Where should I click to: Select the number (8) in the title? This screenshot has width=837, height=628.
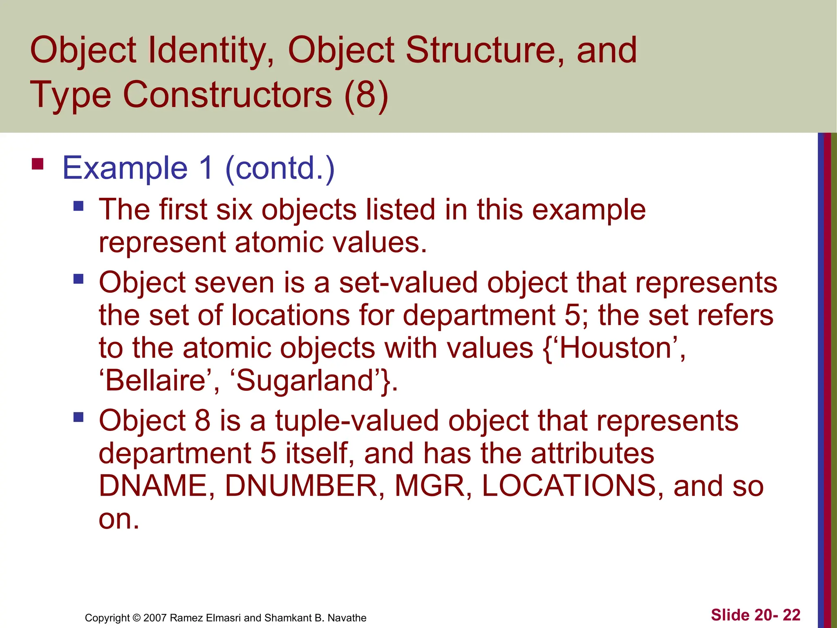366,95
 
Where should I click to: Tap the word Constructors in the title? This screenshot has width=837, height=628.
227,95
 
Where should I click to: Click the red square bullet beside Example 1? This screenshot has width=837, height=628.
38,164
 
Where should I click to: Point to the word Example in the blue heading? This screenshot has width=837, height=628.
125,168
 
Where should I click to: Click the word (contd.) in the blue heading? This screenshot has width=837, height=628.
280,168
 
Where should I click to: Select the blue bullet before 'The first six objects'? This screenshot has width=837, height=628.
78,205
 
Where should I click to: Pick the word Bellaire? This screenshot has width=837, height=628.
155,381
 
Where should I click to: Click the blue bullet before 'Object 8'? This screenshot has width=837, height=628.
78,417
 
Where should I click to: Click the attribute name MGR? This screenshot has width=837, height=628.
430,486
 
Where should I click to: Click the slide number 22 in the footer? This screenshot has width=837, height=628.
791,615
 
